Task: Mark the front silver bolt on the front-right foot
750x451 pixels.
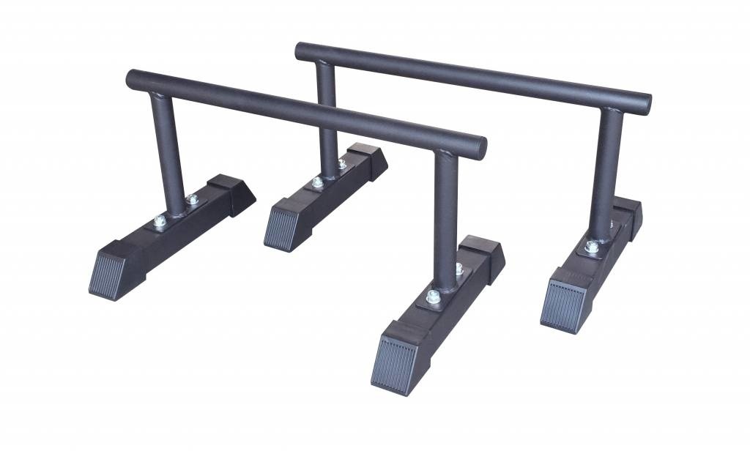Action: pos(433,297)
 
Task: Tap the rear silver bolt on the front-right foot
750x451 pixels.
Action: pos(458,269)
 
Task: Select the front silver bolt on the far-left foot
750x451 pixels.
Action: pos(160,220)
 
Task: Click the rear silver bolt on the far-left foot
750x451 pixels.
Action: pos(192,199)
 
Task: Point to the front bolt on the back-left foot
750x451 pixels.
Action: pos(316,182)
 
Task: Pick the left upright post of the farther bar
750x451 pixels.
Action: pos(327,117)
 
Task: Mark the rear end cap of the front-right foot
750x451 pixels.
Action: pos(486,256)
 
